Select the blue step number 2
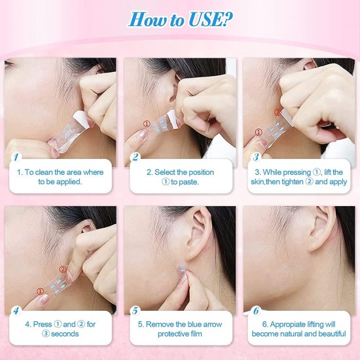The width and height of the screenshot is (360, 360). (x=135, y=158)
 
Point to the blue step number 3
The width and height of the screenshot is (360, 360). (x=256, y=158)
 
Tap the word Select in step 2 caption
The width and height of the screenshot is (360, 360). (x=160, y=172)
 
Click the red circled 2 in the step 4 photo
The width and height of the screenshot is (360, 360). (x=63, y=268)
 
